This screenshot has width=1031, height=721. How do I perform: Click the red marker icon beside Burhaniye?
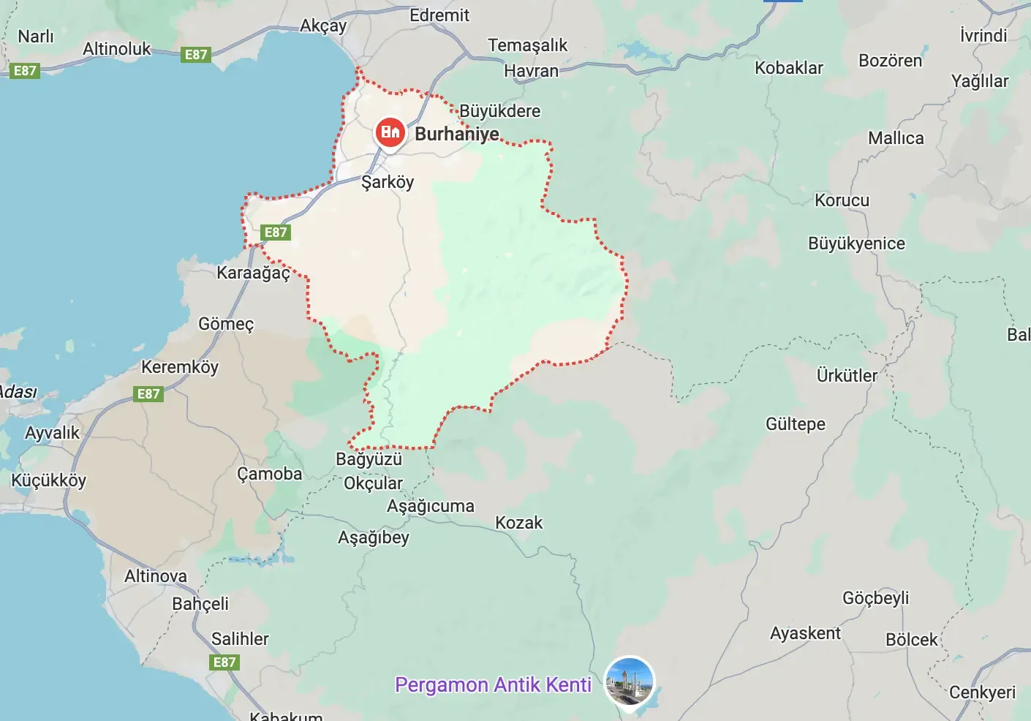[390, 132]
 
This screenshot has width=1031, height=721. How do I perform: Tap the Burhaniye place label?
[457, 134]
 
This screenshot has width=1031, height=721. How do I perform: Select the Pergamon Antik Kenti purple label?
[493, 684]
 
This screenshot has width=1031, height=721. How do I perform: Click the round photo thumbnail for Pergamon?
[630, 681]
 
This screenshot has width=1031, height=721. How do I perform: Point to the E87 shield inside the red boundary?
[276, 233]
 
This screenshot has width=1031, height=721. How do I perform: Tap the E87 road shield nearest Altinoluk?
[195, 55]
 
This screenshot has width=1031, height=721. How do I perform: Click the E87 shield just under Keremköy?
[148, 394]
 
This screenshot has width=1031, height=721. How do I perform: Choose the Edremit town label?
[439, 15]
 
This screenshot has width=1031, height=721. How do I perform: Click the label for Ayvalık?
[52, 433]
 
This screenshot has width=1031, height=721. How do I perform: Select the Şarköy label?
[388, 182]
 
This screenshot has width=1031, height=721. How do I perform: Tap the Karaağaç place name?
[253, 273]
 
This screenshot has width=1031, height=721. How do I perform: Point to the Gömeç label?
[226, 323]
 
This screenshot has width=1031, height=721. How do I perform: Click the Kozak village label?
[518, 523]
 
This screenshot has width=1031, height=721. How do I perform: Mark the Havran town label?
[531, 71]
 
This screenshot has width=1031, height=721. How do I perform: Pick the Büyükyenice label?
[856, 244]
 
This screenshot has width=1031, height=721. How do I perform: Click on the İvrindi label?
[983, 35]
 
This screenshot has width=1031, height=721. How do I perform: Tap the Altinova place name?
[156, 576]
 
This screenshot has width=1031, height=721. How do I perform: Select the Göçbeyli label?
[875, 597]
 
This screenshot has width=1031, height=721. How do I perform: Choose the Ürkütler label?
[847, 376]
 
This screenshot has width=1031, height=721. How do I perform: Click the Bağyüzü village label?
[369, 459]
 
